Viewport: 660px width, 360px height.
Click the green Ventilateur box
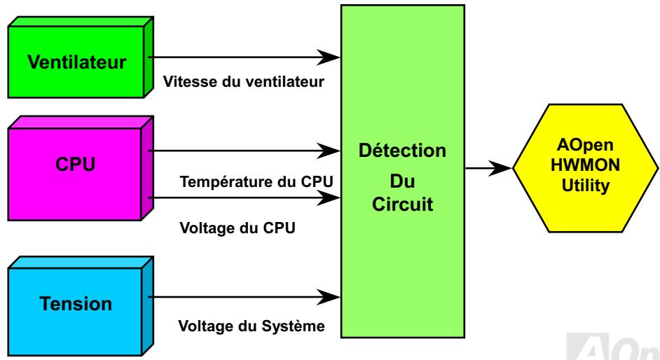click(x=77, y=62)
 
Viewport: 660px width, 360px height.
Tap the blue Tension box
click(x=76, y=305)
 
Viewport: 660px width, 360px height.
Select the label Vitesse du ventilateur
click(x=243, y=81)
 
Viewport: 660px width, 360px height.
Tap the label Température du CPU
click(x=256, y=182)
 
